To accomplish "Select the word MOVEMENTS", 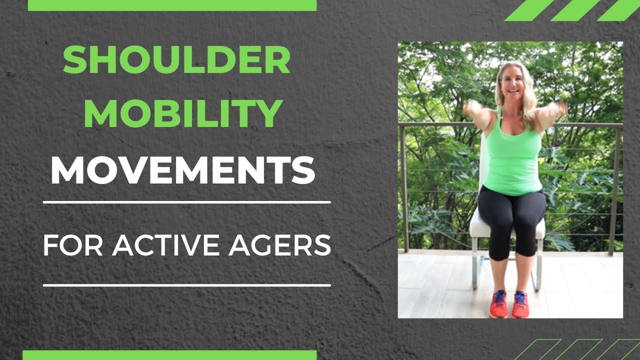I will point(183,169).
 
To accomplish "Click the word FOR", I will point(74,245).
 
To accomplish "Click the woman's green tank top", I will point(512,160).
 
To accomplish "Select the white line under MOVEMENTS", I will point(187,202).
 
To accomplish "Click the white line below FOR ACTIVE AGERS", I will point(187,285).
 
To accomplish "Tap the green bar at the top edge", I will point(172,5).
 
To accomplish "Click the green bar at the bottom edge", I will point(169,355).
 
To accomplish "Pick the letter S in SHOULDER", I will point(74,60).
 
